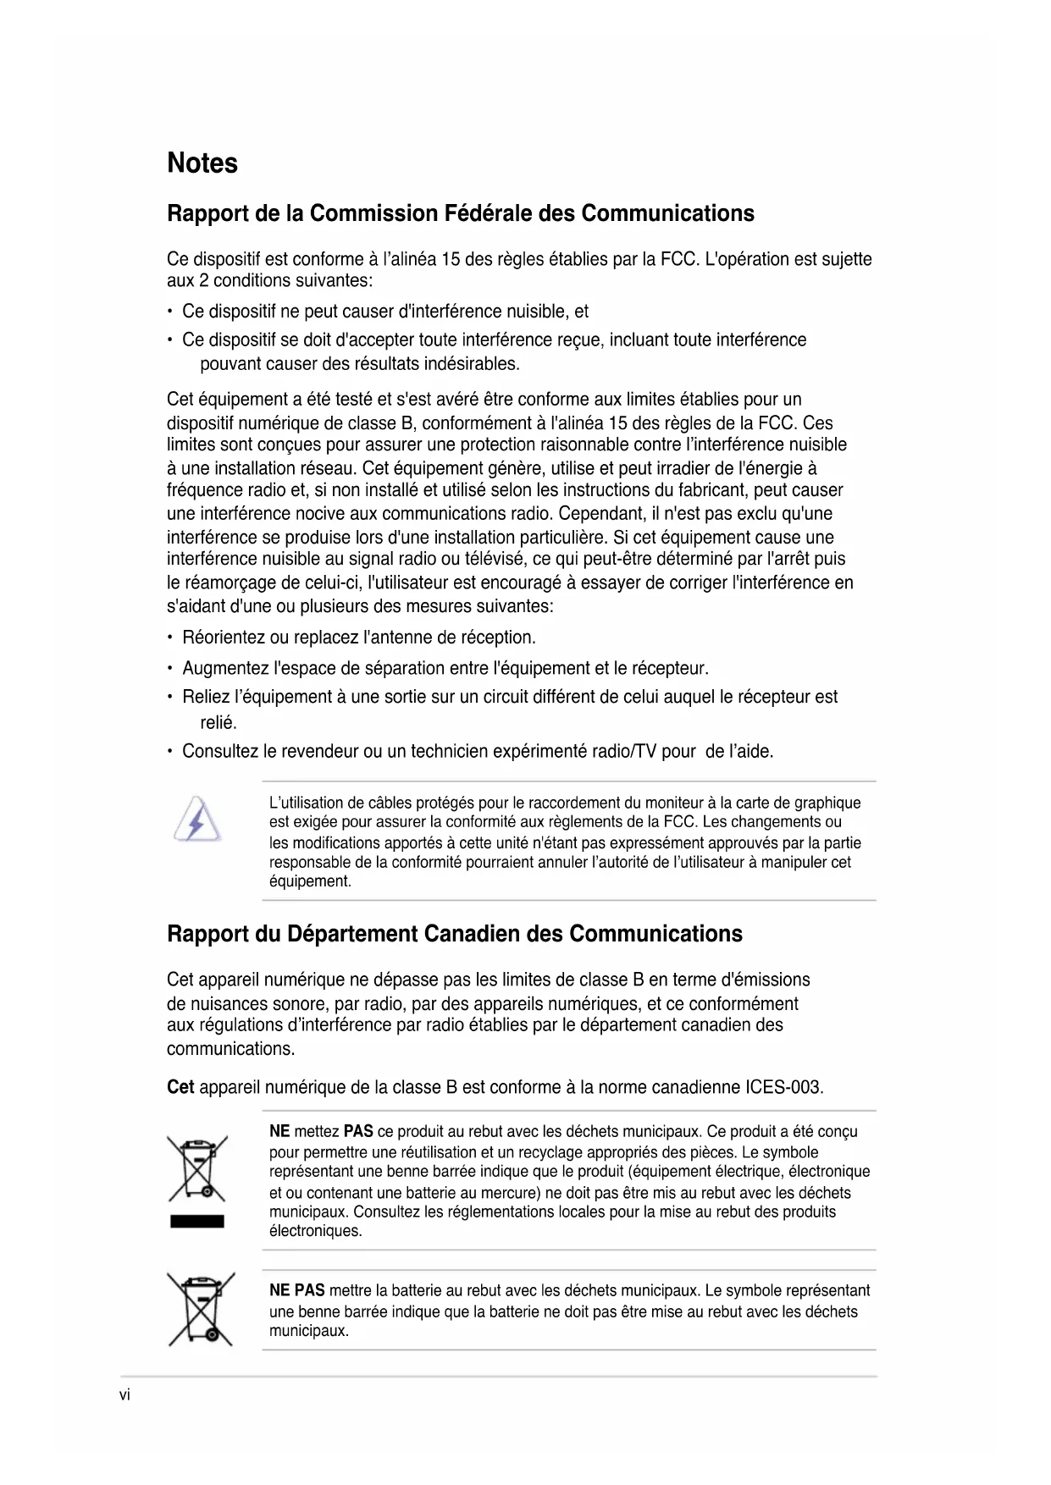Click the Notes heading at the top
click(x=202, y=163)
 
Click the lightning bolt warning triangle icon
click(x=198, y=820)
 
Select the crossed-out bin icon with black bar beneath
click(x=197, y=1168)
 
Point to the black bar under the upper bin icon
click(x=197, y=1221)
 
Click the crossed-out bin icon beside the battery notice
click(x=201, y=1309)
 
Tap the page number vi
click(x=124, y=1395)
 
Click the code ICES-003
click(x=784, y=1087)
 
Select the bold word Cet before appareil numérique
click(x=180, y=1087)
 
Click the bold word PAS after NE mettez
click(x=358, y=1131)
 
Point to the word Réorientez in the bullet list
click(x=224, y=638)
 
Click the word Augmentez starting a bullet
click(x=225, y=668)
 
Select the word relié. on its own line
click(x=218, y=722)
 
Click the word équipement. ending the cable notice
click(x=310, y=881)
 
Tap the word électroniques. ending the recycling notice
click(x=315, y=1231)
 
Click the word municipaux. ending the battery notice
click(x=309, y=1331)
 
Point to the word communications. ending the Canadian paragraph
click(x=230, y=1049)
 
